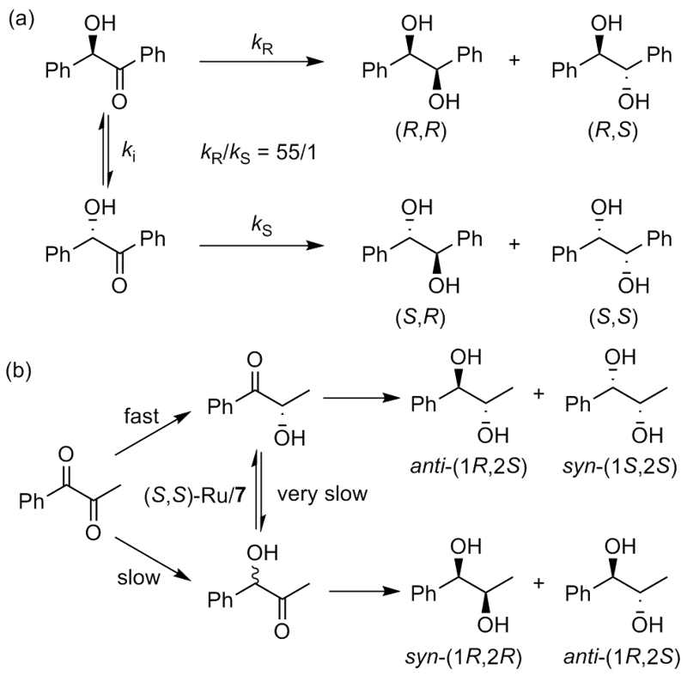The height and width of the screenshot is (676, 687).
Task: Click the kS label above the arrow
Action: pos(254,228)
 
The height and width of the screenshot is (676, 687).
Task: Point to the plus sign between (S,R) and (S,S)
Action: pos(515,246)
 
